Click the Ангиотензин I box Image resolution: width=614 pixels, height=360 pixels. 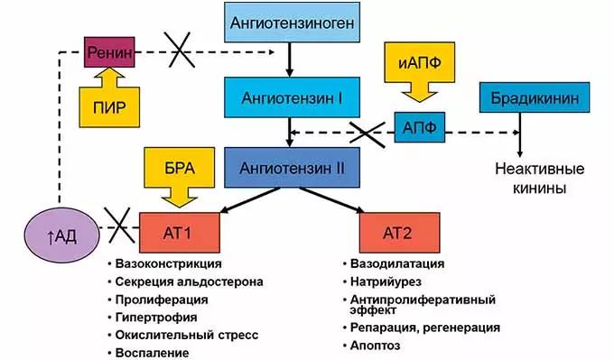288,93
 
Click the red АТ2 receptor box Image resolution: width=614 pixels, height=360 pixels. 397,232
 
